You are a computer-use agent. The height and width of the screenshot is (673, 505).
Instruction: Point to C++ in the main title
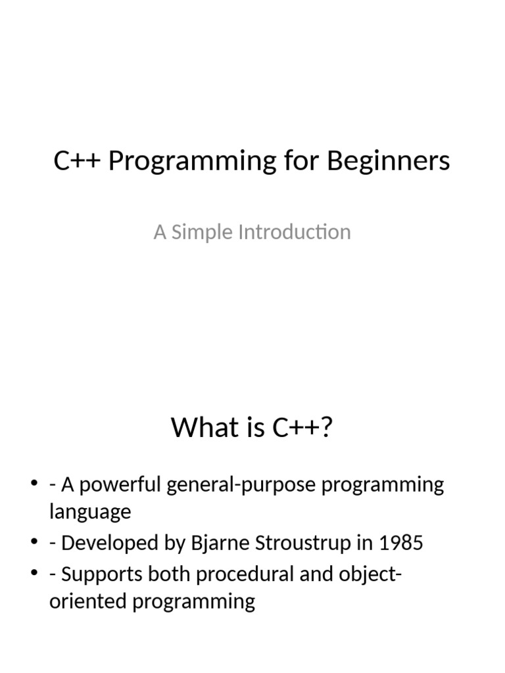coord(78,161)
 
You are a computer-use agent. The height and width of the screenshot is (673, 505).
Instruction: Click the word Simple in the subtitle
coord(195,232)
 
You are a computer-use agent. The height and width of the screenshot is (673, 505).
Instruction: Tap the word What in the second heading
coord(201,428)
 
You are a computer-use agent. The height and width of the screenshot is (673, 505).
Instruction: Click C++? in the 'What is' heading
coord(303,428)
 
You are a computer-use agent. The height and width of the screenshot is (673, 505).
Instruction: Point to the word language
coord(90,513)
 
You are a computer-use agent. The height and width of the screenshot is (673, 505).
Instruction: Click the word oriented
coord(86,601)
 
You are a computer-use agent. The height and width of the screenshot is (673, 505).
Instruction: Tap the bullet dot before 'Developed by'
coord(34,544)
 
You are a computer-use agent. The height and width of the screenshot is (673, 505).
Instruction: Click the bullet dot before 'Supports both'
coord(34,575)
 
